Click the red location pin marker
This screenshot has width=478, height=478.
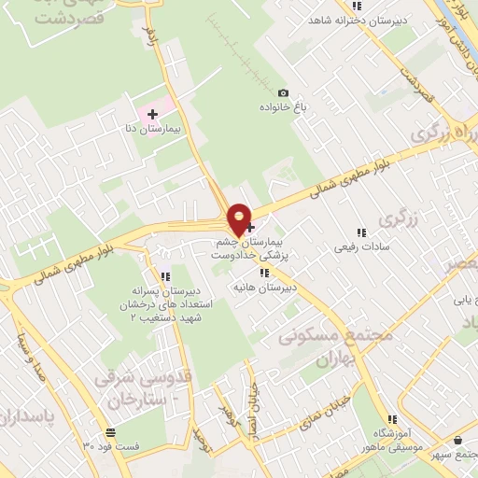point(240,218)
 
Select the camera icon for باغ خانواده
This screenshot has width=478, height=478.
point(283,92)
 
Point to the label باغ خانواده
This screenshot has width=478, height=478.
point(283,106)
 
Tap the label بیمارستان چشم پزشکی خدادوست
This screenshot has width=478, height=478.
point(246,247)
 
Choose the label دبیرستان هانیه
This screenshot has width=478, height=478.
point(266,288)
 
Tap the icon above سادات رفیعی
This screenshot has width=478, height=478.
point(360,232)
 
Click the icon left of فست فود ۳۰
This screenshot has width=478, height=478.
point(111,432)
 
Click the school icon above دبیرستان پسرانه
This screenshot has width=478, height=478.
point(164,276)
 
